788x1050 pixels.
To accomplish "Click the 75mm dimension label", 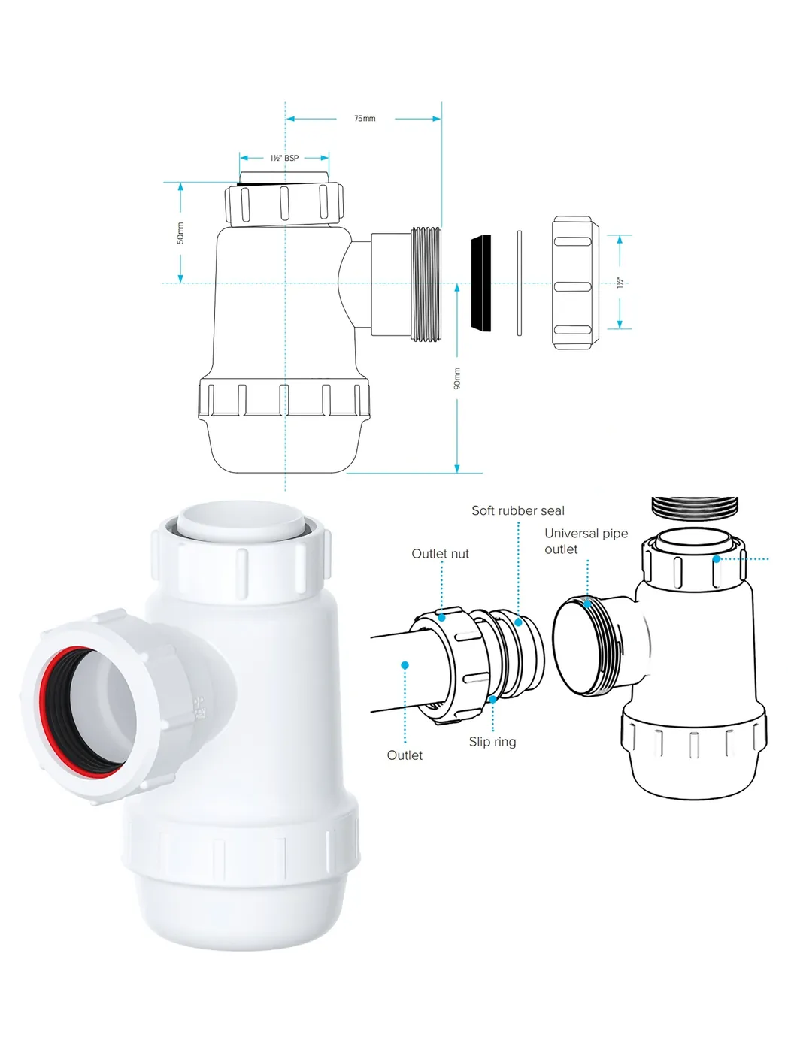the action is pyautogui.click(x=365, y=119).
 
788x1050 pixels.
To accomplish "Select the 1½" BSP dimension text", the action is pyautogui.click(x=284, y=158).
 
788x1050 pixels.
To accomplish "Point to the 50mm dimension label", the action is pyautogui.click(x=180, y=233).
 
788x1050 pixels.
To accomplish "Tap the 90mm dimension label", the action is pyautogui.click(x=457, y=378).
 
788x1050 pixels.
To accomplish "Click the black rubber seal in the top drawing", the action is pyautogui.click(x=480, y=283).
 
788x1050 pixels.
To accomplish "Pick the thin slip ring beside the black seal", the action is pyautogui.click(x=520, y=283).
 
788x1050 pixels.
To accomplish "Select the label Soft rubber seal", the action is pyautogui.click(x=517, y=510).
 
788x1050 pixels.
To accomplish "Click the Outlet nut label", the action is pyautogui.click(x=440, y=553).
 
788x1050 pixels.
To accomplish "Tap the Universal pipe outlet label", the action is pyautogui.click(x=586, y=541).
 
